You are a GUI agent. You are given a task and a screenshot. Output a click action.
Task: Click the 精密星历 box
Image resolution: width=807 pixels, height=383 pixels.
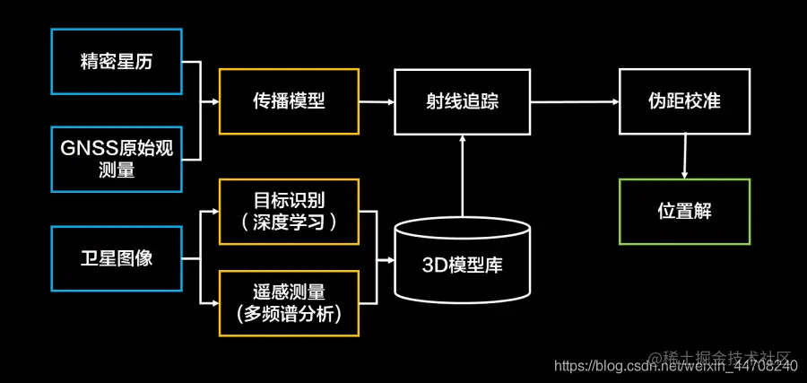point(117,62)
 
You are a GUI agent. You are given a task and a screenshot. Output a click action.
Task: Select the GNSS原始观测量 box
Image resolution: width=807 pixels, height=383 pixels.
point(117,159)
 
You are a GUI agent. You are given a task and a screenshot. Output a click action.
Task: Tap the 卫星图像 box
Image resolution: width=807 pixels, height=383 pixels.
point(117,258)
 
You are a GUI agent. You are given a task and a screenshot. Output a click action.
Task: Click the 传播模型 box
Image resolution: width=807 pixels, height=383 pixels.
point(289,101)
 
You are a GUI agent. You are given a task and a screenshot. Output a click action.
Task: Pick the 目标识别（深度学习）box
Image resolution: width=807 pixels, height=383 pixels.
point(289,212)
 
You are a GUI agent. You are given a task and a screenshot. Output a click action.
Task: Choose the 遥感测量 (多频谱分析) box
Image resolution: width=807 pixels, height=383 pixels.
point(289,304)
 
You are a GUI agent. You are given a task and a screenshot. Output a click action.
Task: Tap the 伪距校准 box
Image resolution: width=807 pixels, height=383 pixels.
point(684,101)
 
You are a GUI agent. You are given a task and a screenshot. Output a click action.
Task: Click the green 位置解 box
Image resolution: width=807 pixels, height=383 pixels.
point(684,212)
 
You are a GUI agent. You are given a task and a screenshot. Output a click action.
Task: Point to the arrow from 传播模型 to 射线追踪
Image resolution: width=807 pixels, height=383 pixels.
point(377,101)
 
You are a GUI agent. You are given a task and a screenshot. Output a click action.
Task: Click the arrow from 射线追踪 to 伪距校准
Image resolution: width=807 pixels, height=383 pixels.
point(574,101)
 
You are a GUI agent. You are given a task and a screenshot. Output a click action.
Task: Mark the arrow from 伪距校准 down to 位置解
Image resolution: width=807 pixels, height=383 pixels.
point(685,155)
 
